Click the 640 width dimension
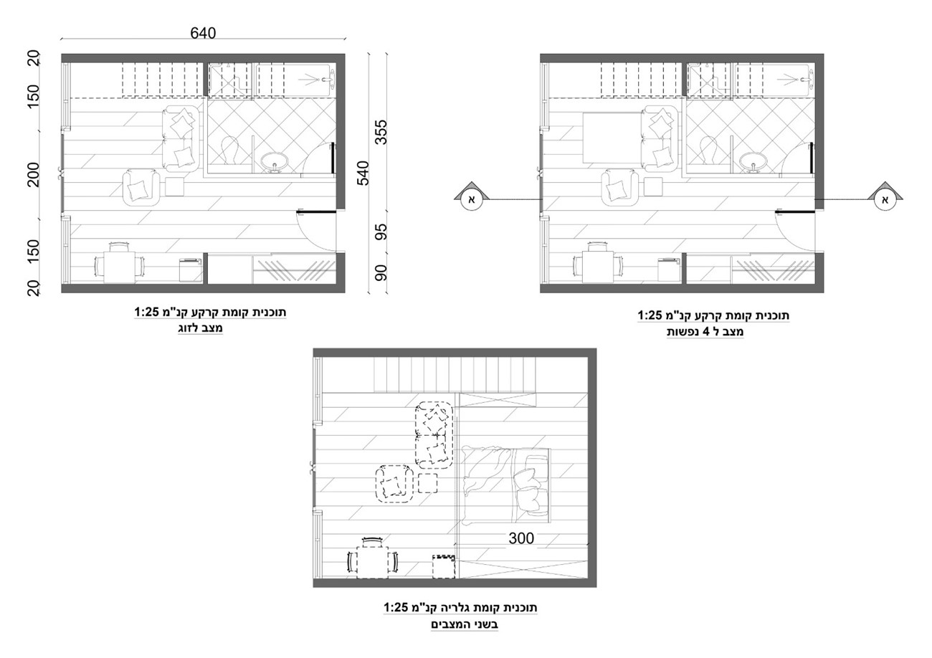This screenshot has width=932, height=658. coord(203,33)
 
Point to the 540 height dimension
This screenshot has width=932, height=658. coord(363,173)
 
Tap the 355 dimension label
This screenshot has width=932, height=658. coord(381,133)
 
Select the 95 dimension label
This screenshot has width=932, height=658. coord(381,232)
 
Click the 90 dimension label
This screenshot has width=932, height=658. coord(381,273)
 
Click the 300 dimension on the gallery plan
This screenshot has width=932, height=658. coord(521,538)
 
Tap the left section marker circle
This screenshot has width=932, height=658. coord(472,200)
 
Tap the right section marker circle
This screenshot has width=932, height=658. coord(885,200)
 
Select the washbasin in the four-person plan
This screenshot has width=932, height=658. coord(753,162)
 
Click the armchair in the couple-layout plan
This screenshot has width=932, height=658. coord(141,187)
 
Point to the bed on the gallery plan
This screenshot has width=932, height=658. coord(505,485)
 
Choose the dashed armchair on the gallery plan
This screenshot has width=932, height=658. coord(394,484)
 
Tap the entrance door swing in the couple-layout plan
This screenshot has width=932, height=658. coord(317,232)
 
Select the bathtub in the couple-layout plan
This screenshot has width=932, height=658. coord(294,80)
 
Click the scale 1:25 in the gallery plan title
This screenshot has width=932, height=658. coord(397,608)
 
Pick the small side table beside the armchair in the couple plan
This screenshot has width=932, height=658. coord(175,187)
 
